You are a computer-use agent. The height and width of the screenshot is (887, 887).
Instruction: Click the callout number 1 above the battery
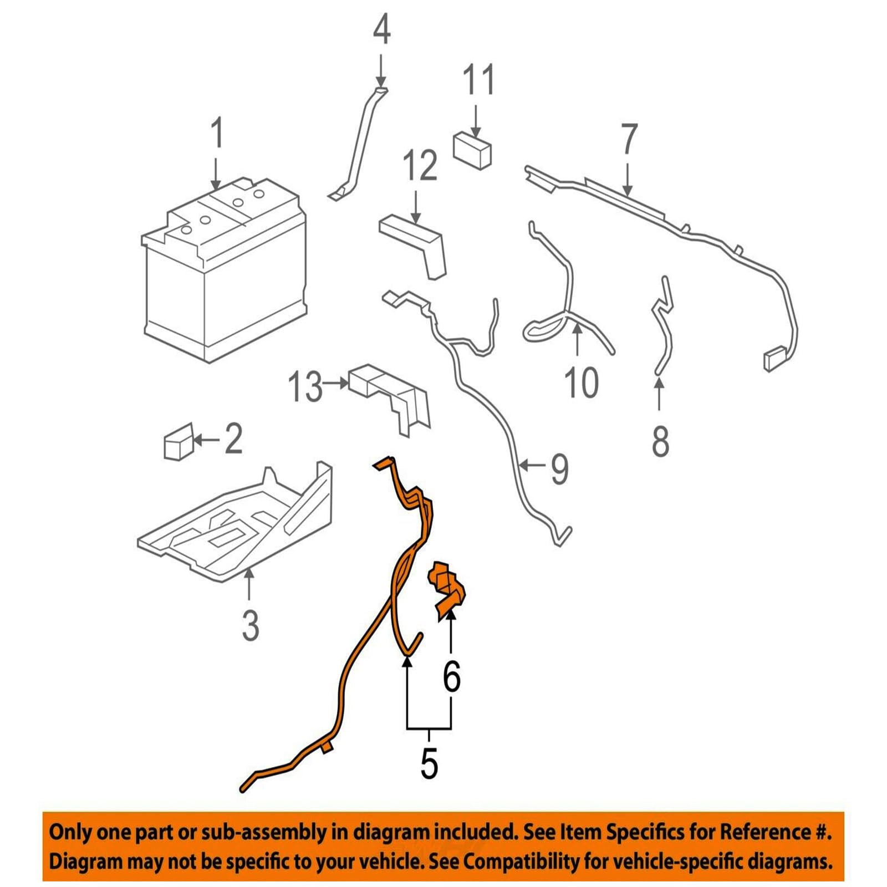tap(217, 132)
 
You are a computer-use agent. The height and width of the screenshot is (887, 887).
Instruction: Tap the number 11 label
tap(478, 80)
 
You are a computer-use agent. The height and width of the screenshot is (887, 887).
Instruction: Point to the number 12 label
tap(420, 165)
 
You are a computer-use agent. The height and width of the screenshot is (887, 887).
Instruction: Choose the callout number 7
tap(629, 139)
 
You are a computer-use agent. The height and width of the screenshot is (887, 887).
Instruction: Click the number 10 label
tap(581, 382)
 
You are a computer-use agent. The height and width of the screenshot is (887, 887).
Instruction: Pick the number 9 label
tap(559, 468)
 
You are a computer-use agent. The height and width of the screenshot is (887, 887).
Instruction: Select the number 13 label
tap(305, 386)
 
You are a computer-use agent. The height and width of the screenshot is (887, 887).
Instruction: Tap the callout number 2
tap(233, 439)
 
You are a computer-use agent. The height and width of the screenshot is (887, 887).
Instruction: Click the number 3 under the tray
tap(251, 625)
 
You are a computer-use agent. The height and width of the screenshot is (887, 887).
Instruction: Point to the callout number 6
tap(451, 676)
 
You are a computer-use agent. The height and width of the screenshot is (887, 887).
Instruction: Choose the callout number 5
tap(429, 763)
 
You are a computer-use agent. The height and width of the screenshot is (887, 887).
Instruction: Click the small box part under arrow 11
tap(472, 149)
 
